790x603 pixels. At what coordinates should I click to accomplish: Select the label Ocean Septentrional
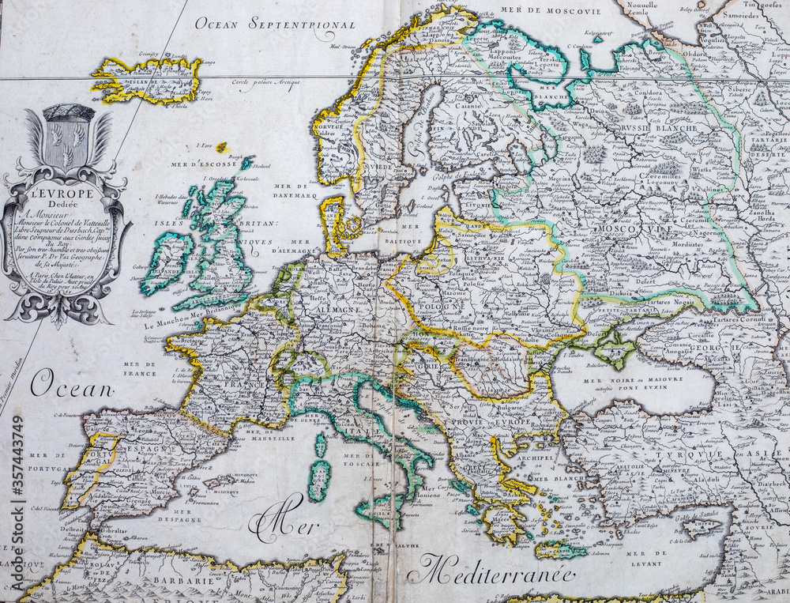pos(275,24)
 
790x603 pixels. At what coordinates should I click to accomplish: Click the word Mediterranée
pos(496,568)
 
